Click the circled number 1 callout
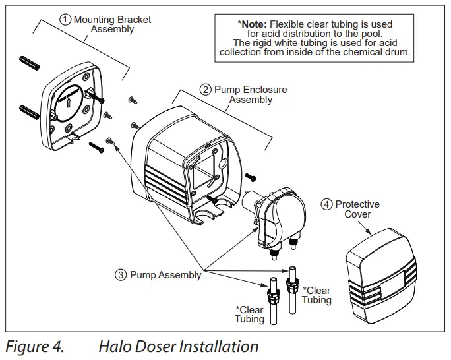coord(65,20)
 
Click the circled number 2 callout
coord(206,90)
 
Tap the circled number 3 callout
coord(121,274)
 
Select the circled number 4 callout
coord(326,204)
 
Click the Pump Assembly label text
coord(165,274)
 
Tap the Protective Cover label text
coord(357,209)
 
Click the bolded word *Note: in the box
coord(250,24)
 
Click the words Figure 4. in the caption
coord(34,346)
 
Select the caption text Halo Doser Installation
coord(178,346)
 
